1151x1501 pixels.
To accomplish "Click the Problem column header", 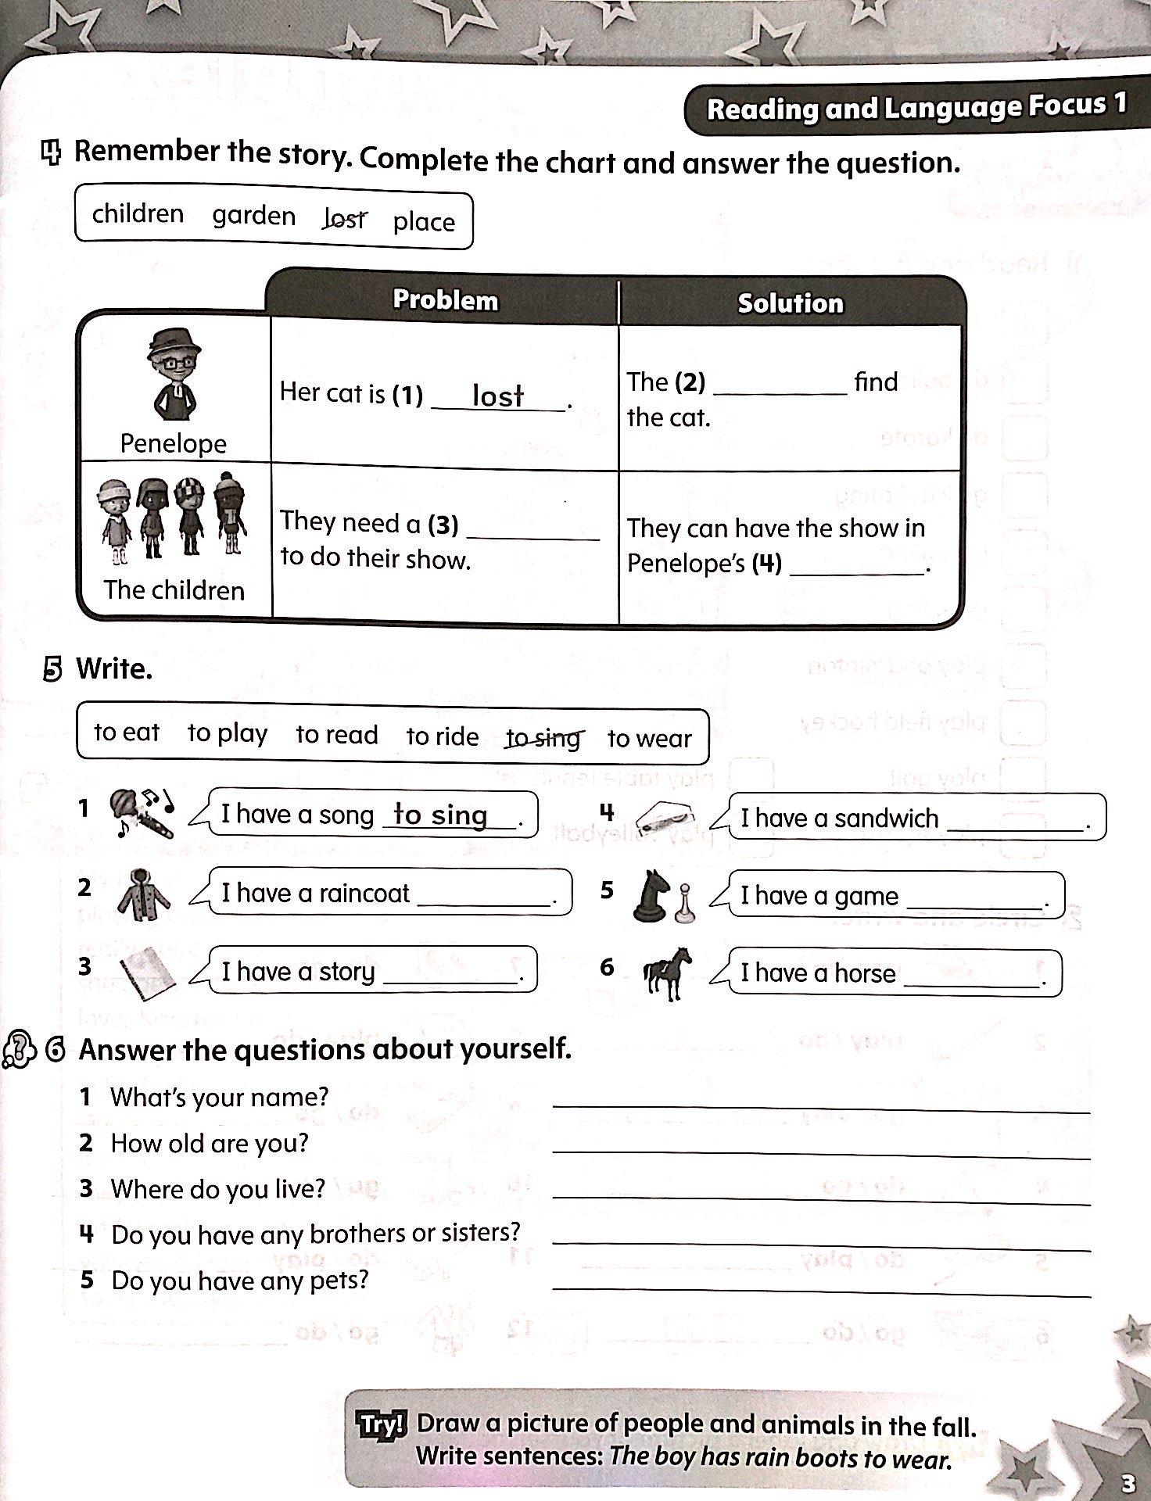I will [444, 299].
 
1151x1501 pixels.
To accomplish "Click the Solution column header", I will [790, 303].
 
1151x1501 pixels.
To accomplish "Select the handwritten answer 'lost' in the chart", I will [498, 396].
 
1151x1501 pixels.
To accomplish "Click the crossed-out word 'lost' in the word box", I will [345, 219].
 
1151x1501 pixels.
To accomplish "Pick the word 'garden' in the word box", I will [254, 216].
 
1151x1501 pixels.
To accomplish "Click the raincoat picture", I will [143, 894].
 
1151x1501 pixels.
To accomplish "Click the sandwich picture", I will [665, 819].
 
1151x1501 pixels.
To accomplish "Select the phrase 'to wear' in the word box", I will [649, 738].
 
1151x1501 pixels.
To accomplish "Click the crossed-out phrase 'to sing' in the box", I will [543, 737].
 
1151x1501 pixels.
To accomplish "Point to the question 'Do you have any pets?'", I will [239, 1281].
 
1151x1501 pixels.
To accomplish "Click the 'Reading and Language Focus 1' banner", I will [916, 108].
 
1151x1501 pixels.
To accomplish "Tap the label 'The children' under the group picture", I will [174, 589].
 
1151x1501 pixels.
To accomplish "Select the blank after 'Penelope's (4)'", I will [857, 568].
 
